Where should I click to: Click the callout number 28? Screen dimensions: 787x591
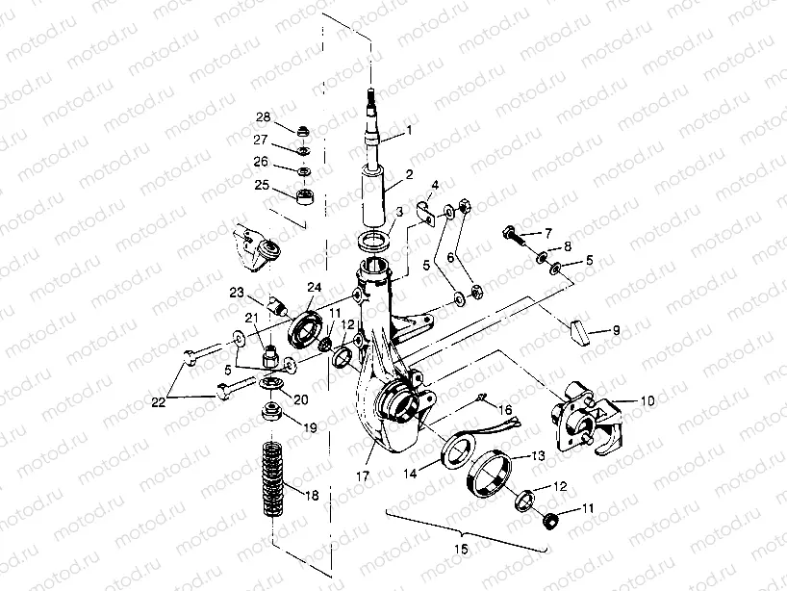click(263, 116)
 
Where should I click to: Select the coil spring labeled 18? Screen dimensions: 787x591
click(272, 478)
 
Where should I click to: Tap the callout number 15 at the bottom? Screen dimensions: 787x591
click(461, 549)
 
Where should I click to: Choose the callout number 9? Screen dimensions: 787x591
click(616, 330)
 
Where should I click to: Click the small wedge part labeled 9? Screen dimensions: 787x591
click(579, 330)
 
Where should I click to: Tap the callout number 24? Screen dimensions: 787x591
click(314, 287)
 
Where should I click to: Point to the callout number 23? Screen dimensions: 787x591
click(236, 293)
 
